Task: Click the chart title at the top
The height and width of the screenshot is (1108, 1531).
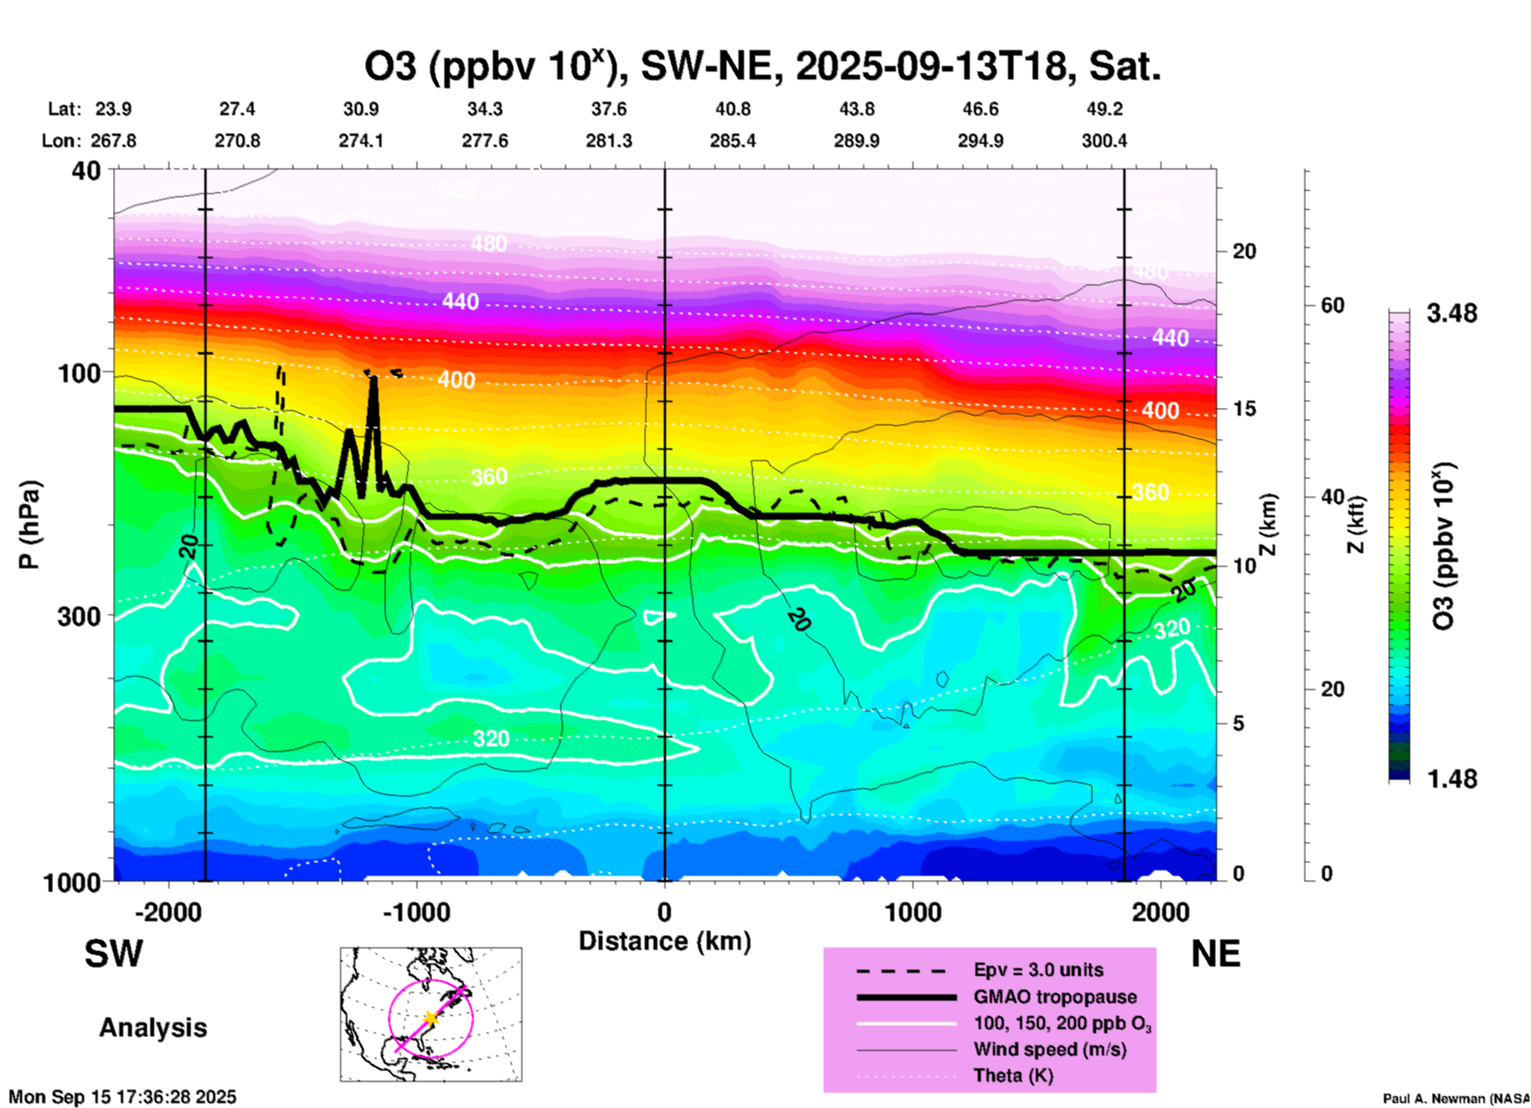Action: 762,67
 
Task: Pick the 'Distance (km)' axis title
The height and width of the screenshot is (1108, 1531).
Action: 665,941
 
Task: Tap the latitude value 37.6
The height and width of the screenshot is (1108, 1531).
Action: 609,109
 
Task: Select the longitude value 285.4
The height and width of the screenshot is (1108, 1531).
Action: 733,141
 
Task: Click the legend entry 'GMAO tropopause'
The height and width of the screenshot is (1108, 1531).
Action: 1055,997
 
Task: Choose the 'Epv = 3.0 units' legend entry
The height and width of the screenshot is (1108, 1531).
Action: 1038,970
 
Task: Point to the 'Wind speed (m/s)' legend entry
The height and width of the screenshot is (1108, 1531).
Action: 1049,1050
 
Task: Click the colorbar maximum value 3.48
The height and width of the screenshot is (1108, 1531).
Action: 1452,314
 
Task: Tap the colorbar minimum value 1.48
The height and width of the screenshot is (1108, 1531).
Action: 1452,779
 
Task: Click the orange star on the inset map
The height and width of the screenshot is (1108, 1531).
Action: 430,1018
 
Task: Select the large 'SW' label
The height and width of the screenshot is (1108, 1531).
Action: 114,954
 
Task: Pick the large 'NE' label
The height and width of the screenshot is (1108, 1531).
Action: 1215,954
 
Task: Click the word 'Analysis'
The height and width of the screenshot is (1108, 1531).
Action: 153,1028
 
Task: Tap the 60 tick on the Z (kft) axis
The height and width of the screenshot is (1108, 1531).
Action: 1332,306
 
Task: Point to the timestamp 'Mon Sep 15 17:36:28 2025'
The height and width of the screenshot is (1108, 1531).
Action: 122,1097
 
